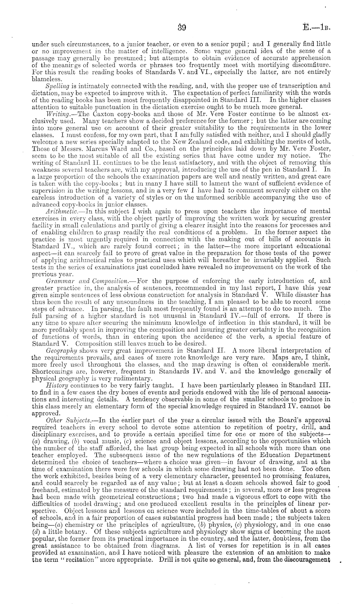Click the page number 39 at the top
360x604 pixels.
(180, 27)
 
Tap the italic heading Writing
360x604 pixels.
(57, 114)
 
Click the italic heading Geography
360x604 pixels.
(61, 350)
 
